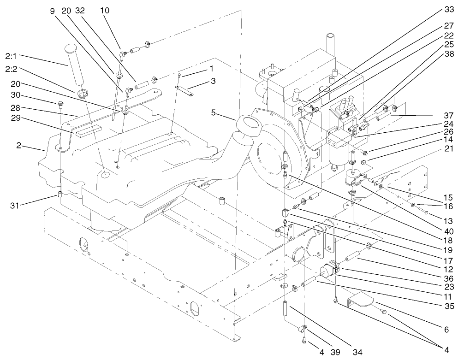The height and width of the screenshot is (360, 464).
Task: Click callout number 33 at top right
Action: coord(449,9)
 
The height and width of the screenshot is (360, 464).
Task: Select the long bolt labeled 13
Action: coord(421,210)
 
